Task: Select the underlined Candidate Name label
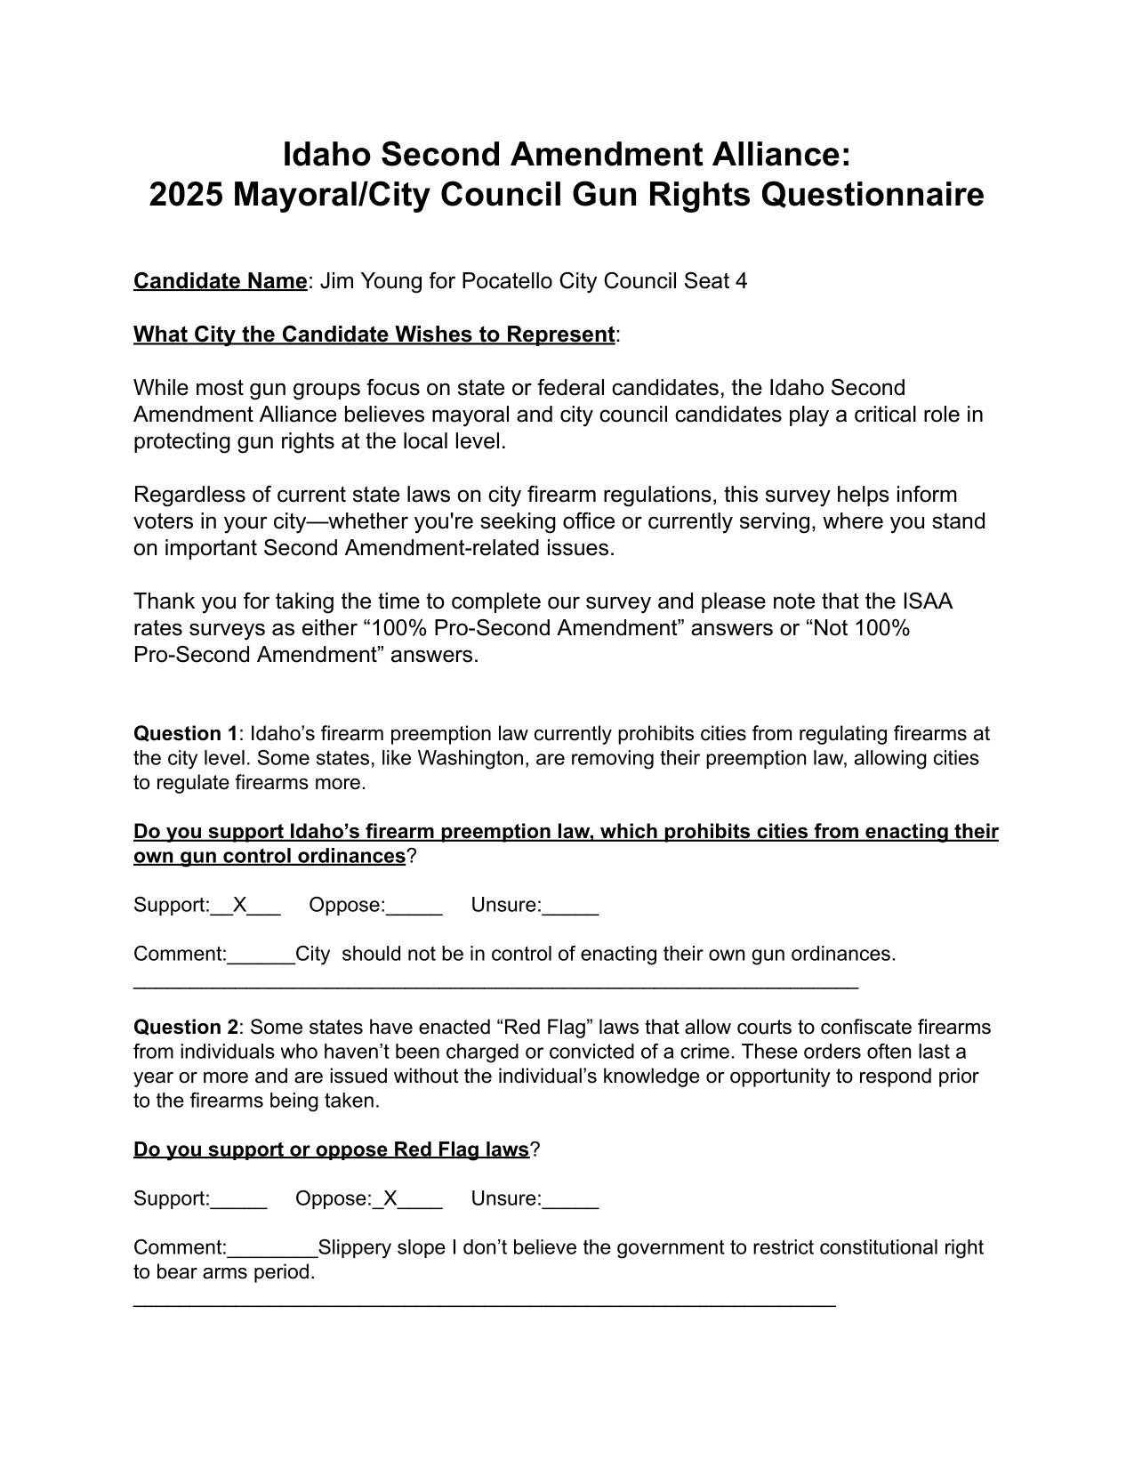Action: pos(220,281)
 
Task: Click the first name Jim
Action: pos(336,281)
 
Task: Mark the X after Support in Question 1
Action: pos(239,906)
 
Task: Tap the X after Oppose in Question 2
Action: pos(390,1199)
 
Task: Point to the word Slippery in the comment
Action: pos(354,1247)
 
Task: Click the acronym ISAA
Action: pos(926,601)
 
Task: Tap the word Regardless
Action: pos(185,495)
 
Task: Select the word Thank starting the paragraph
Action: pos(163,601)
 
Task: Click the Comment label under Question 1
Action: pos(180,955)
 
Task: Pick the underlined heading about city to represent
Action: pos(374,335)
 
